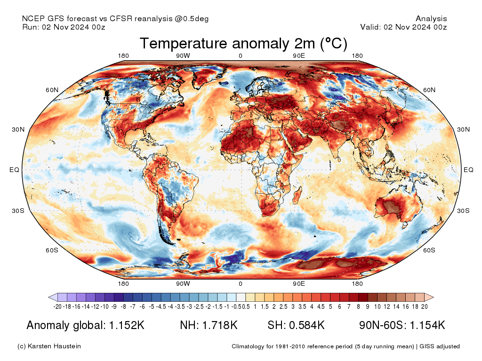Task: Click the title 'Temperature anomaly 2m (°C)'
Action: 243,44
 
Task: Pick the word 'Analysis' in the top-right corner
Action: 431,19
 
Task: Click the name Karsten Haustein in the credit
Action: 55,346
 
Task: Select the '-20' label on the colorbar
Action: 58,306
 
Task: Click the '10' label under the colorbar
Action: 377,306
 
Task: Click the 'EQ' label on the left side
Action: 14,170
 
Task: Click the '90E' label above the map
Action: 299,56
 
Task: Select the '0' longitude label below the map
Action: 241,283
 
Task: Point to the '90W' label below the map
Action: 183,283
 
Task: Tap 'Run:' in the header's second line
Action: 31,27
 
